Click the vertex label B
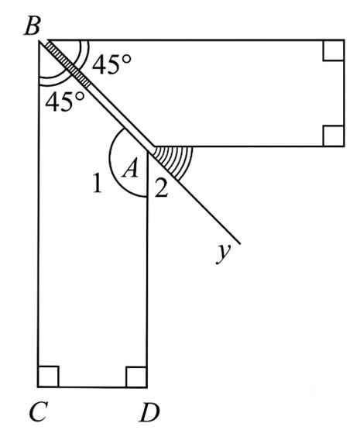pos(33,26)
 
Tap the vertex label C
pos(38,411)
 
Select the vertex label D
pos(150,412)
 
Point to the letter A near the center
pos(130,168)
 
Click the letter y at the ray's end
pos(223,253)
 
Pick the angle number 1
pos(98,183)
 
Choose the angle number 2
pos(162,188)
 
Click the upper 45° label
pos(111,64)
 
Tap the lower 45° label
pos(64,102)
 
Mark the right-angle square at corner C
pos(49,377)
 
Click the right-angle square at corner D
pos(136,377)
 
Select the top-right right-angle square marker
pos(334,50)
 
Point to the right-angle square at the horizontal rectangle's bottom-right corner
pos(334,136)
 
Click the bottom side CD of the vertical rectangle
pos(92,387)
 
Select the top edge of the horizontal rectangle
pos(197,40)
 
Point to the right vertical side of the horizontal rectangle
pos(345,93)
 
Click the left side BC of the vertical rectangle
pos(39,214)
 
